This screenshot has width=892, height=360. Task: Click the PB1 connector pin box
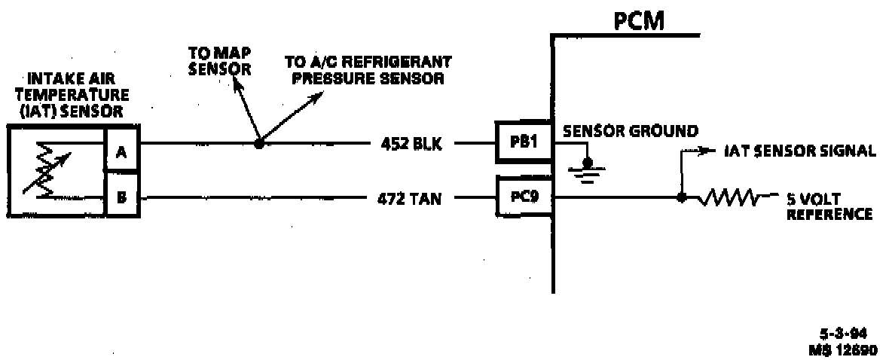click(x=524, y=143)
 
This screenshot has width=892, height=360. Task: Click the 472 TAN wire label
click(x=411, y=200)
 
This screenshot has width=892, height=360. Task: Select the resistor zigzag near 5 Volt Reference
click(x=729, y=199)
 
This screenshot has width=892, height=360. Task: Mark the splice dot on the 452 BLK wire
click(x=258, y=142)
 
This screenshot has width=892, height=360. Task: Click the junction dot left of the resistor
click(x=681, y=199)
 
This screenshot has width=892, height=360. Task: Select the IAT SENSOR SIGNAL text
click(x=799, y=151)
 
